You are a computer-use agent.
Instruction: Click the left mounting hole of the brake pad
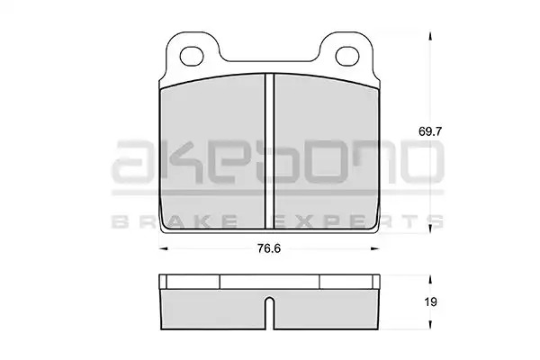(192, 56)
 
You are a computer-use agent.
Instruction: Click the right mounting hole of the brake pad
(347, 56)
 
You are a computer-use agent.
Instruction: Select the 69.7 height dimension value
(430, 131)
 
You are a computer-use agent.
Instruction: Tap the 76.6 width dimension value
(269, 248)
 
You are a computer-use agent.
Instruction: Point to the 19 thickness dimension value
(430, 302)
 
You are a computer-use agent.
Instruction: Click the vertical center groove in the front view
(269, 151)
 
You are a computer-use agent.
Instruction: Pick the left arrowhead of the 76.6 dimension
(163, 248)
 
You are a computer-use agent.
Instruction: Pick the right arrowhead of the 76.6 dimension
(374, 248)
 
